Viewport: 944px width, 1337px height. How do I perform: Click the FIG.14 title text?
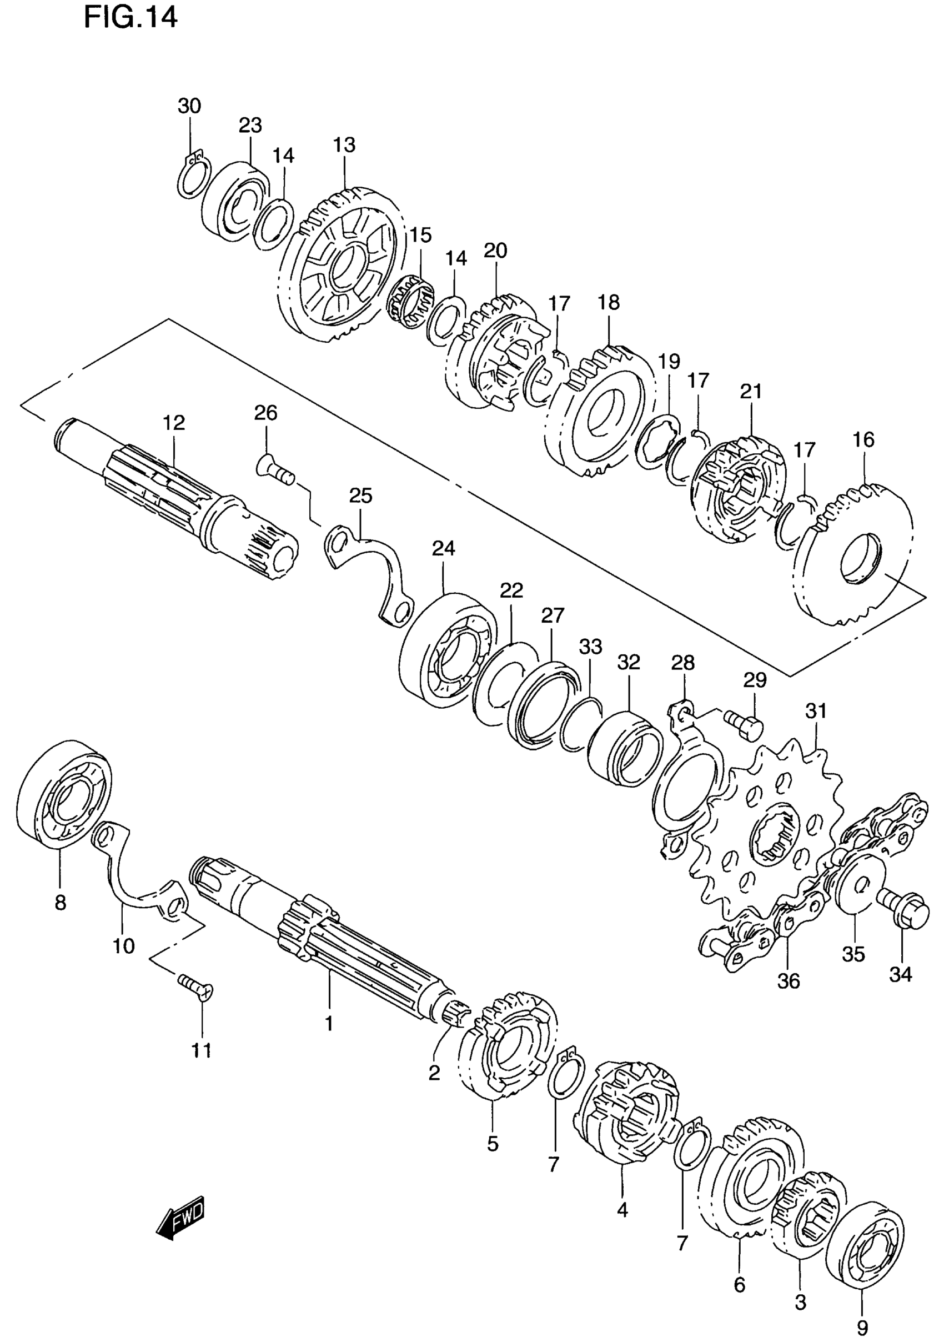[x=130, y=18]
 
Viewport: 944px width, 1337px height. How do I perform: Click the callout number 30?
[x=189, y=106]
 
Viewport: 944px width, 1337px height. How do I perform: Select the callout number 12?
[x=174, y=422]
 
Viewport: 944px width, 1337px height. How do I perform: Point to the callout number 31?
[x=816, y=711]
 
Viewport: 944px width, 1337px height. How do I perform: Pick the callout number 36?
[x=789, y=980]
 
